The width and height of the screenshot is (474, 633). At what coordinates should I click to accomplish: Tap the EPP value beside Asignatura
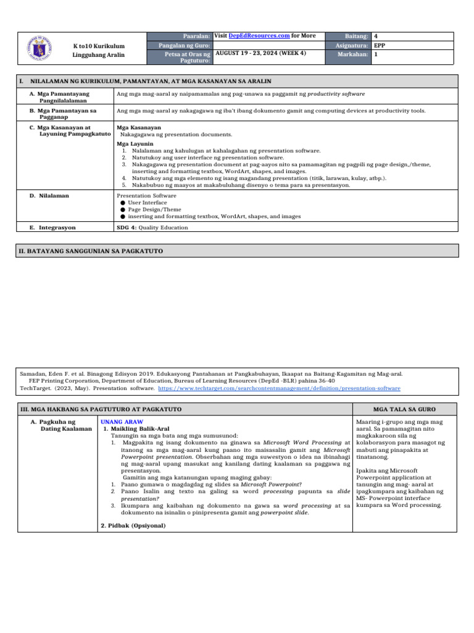(381, 46)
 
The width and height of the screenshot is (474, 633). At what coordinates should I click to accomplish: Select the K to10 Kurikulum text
(99, 46)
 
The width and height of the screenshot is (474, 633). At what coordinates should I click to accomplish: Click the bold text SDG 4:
(127, 227)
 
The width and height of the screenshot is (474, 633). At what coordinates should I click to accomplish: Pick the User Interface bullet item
(148, 202)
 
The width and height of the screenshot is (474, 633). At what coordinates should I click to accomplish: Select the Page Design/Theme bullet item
(154, 210)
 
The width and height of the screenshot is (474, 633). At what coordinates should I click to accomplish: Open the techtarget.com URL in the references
(280, 388)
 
